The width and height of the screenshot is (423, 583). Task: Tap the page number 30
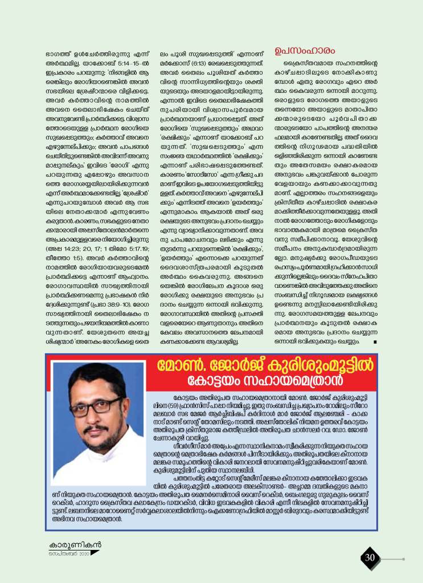point(370,557)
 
